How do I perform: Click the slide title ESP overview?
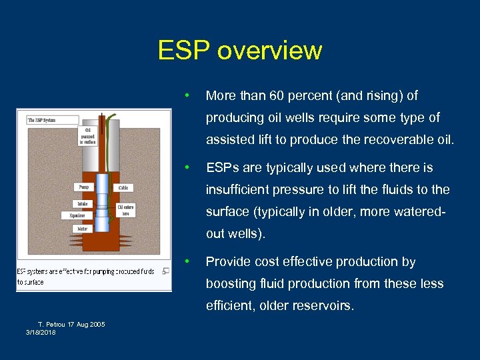coord(240,51)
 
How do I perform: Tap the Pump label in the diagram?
coord(83,187)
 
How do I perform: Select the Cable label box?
coord(123,187)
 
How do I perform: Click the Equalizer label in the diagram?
coord(77,215)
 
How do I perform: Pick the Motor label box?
coord(82,228)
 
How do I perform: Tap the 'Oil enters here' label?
coord(125,210)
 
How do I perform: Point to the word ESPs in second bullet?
coord(223,167)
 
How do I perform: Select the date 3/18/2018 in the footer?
coord(41,333)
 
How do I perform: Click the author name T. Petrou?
coord(52,325)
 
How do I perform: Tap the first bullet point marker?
coord(190,95)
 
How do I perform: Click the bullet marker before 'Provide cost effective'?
coord(190,261)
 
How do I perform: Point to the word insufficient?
coord(237,189)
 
